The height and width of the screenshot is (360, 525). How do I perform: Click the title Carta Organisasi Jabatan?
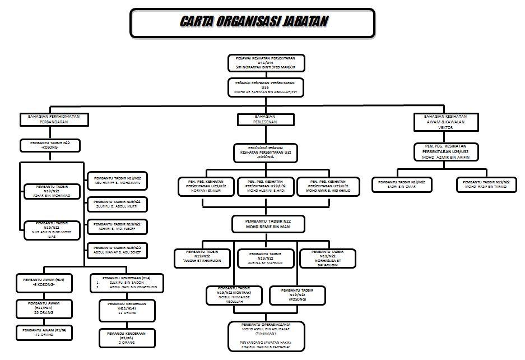point(253,22)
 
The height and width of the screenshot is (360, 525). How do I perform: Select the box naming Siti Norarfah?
point(266,62)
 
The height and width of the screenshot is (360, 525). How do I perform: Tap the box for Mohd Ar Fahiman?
point(266,87)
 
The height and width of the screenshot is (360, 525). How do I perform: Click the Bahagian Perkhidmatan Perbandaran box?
point(50,118)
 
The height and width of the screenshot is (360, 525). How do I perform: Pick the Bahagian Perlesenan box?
point(265,119)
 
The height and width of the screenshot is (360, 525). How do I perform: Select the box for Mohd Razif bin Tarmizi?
point(486,184)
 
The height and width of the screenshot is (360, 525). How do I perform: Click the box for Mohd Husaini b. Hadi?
point(266,186)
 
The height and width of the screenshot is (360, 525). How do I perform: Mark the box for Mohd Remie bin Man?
point(268,224)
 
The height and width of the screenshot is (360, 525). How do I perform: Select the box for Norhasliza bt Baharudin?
point(328,257)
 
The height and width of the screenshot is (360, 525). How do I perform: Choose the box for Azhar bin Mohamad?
point(51,191)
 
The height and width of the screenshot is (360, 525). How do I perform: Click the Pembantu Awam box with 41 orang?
point(44,333)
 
